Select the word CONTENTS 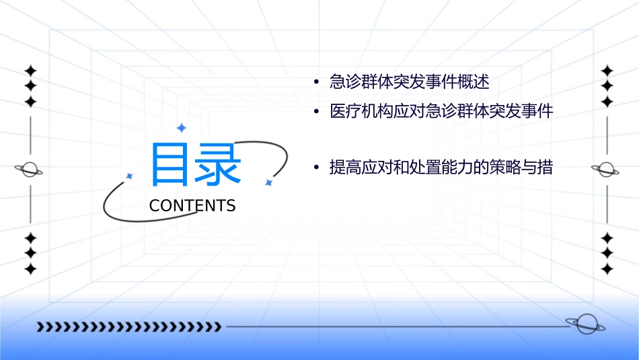192,206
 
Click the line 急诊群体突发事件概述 409,83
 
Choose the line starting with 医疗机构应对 441,112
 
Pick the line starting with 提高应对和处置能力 441,168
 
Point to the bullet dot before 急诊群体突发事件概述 315,83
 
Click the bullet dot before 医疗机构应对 315,112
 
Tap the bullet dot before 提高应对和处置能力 315,168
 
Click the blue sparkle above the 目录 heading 180,128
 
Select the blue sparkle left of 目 130,176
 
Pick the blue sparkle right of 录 268,182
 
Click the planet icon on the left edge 30,170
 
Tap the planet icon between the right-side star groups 607,170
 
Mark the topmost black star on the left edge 30,70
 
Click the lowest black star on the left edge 30,268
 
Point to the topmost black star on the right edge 607,70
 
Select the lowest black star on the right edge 607,268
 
